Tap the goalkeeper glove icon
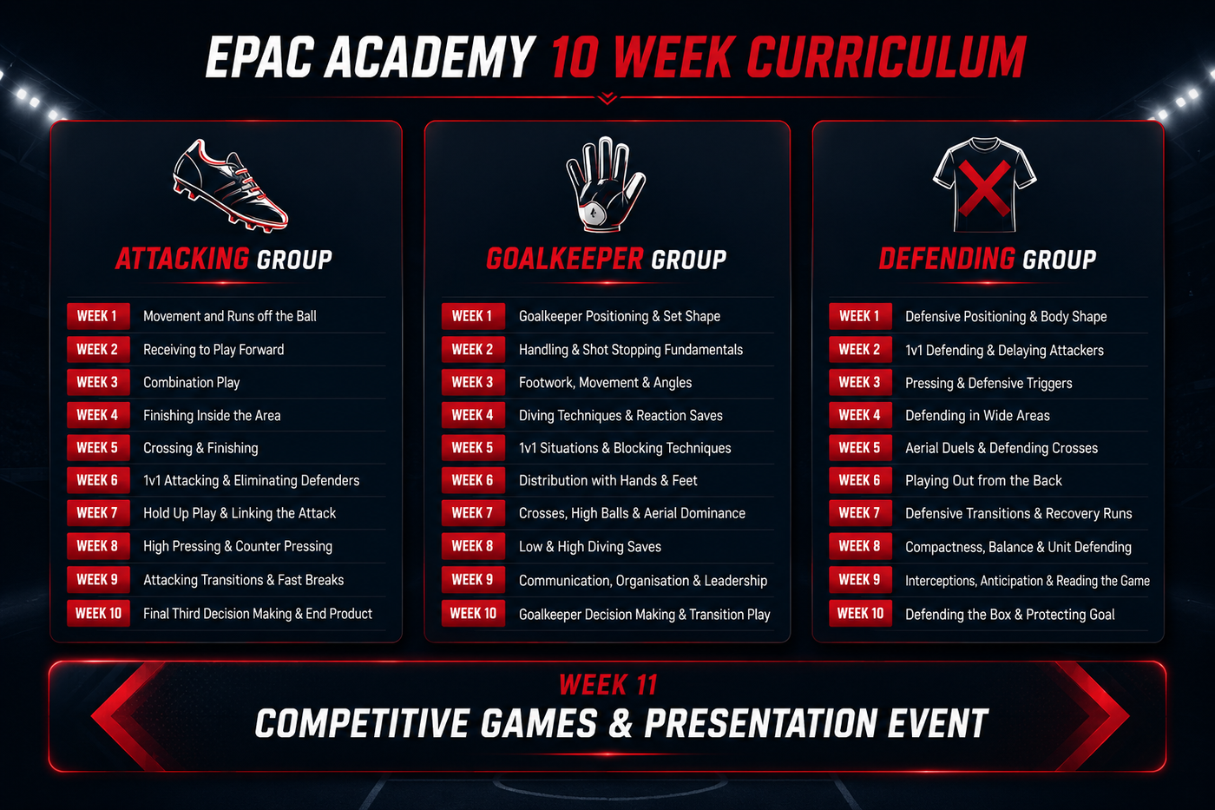605,184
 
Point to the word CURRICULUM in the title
886,57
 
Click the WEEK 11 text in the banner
608,685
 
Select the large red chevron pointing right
1093,716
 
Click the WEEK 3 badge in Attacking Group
98,382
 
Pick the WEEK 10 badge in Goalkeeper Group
473,614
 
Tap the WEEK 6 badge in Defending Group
860,480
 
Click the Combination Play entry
192,383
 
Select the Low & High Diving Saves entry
590,546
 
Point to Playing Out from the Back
983,481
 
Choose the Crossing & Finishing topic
200,448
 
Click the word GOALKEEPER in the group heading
565,259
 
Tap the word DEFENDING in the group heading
947,259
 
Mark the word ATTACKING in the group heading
182,259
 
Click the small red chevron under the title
607,97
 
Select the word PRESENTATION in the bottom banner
760,724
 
